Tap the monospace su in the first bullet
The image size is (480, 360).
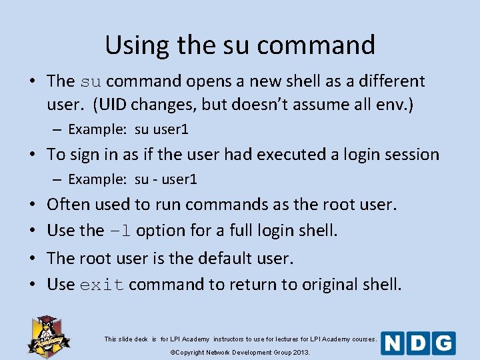click(91, 82)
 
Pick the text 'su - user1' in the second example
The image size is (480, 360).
click(165, 179)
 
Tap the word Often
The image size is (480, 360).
click(69, 204)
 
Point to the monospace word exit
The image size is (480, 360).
click(102, 285)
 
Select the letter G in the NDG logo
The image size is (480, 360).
click(443, 343)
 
